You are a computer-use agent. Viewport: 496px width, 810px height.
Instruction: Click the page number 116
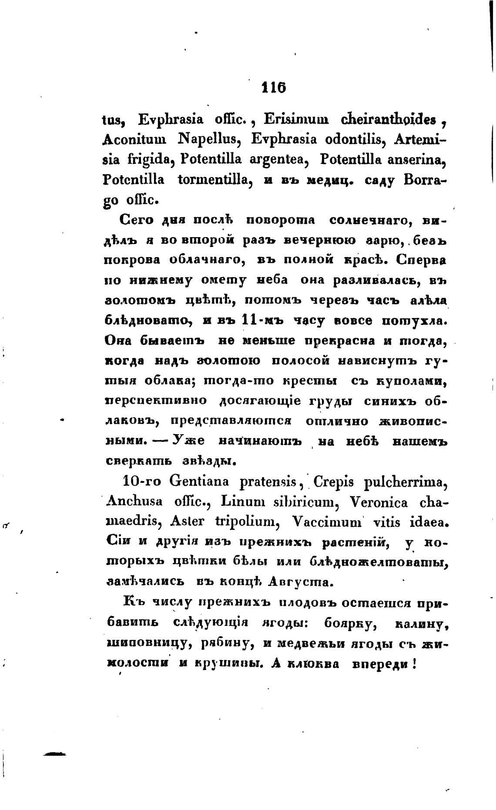click(273, 87)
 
